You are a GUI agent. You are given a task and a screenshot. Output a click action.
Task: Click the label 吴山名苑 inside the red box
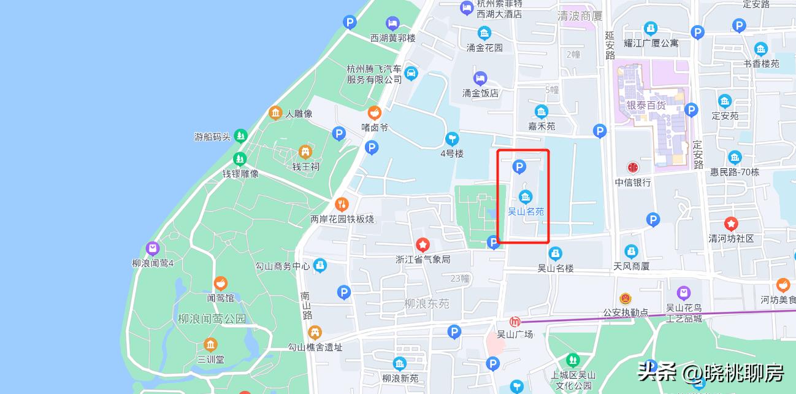(x=526, y=212)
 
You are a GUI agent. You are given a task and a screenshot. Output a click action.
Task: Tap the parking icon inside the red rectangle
(x=519, y=166)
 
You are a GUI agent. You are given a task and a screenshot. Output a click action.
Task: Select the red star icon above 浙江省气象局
(x=423, y=245)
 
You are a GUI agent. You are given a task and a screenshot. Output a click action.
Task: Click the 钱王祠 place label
(x=305, y=166)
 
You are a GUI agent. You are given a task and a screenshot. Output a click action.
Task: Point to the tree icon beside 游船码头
(x=240, y=136)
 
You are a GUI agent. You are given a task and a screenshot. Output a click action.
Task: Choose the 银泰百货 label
(x=646, y=105)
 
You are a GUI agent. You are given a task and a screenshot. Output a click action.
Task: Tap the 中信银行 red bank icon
(x=633, y=168)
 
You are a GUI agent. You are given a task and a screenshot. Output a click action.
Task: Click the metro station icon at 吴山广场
(x=515, y=322)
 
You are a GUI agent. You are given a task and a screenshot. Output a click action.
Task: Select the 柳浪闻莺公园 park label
(x=212, y=319)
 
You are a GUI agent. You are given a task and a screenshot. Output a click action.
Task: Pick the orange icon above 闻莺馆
(x=220, y=284)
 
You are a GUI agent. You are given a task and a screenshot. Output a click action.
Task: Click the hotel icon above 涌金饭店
(x=480, y=78)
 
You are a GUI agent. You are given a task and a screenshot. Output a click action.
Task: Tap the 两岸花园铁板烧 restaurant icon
(x=342, y=204)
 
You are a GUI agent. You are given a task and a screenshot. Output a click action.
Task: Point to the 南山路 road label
(x=307, y=306)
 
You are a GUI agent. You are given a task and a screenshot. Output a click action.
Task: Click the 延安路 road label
(x=610, y=45)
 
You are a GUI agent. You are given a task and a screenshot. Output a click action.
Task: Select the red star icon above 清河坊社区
(x=731, y=223)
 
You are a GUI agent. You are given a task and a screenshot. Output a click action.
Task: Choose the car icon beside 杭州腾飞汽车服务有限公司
(x=411, y=74)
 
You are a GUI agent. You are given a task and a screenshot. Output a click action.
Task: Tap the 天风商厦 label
(x=631, y=266)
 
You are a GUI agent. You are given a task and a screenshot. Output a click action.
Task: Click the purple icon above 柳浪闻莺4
(x=153, y=249)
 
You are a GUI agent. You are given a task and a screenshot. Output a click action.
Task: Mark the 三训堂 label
(x=210, y=359)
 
